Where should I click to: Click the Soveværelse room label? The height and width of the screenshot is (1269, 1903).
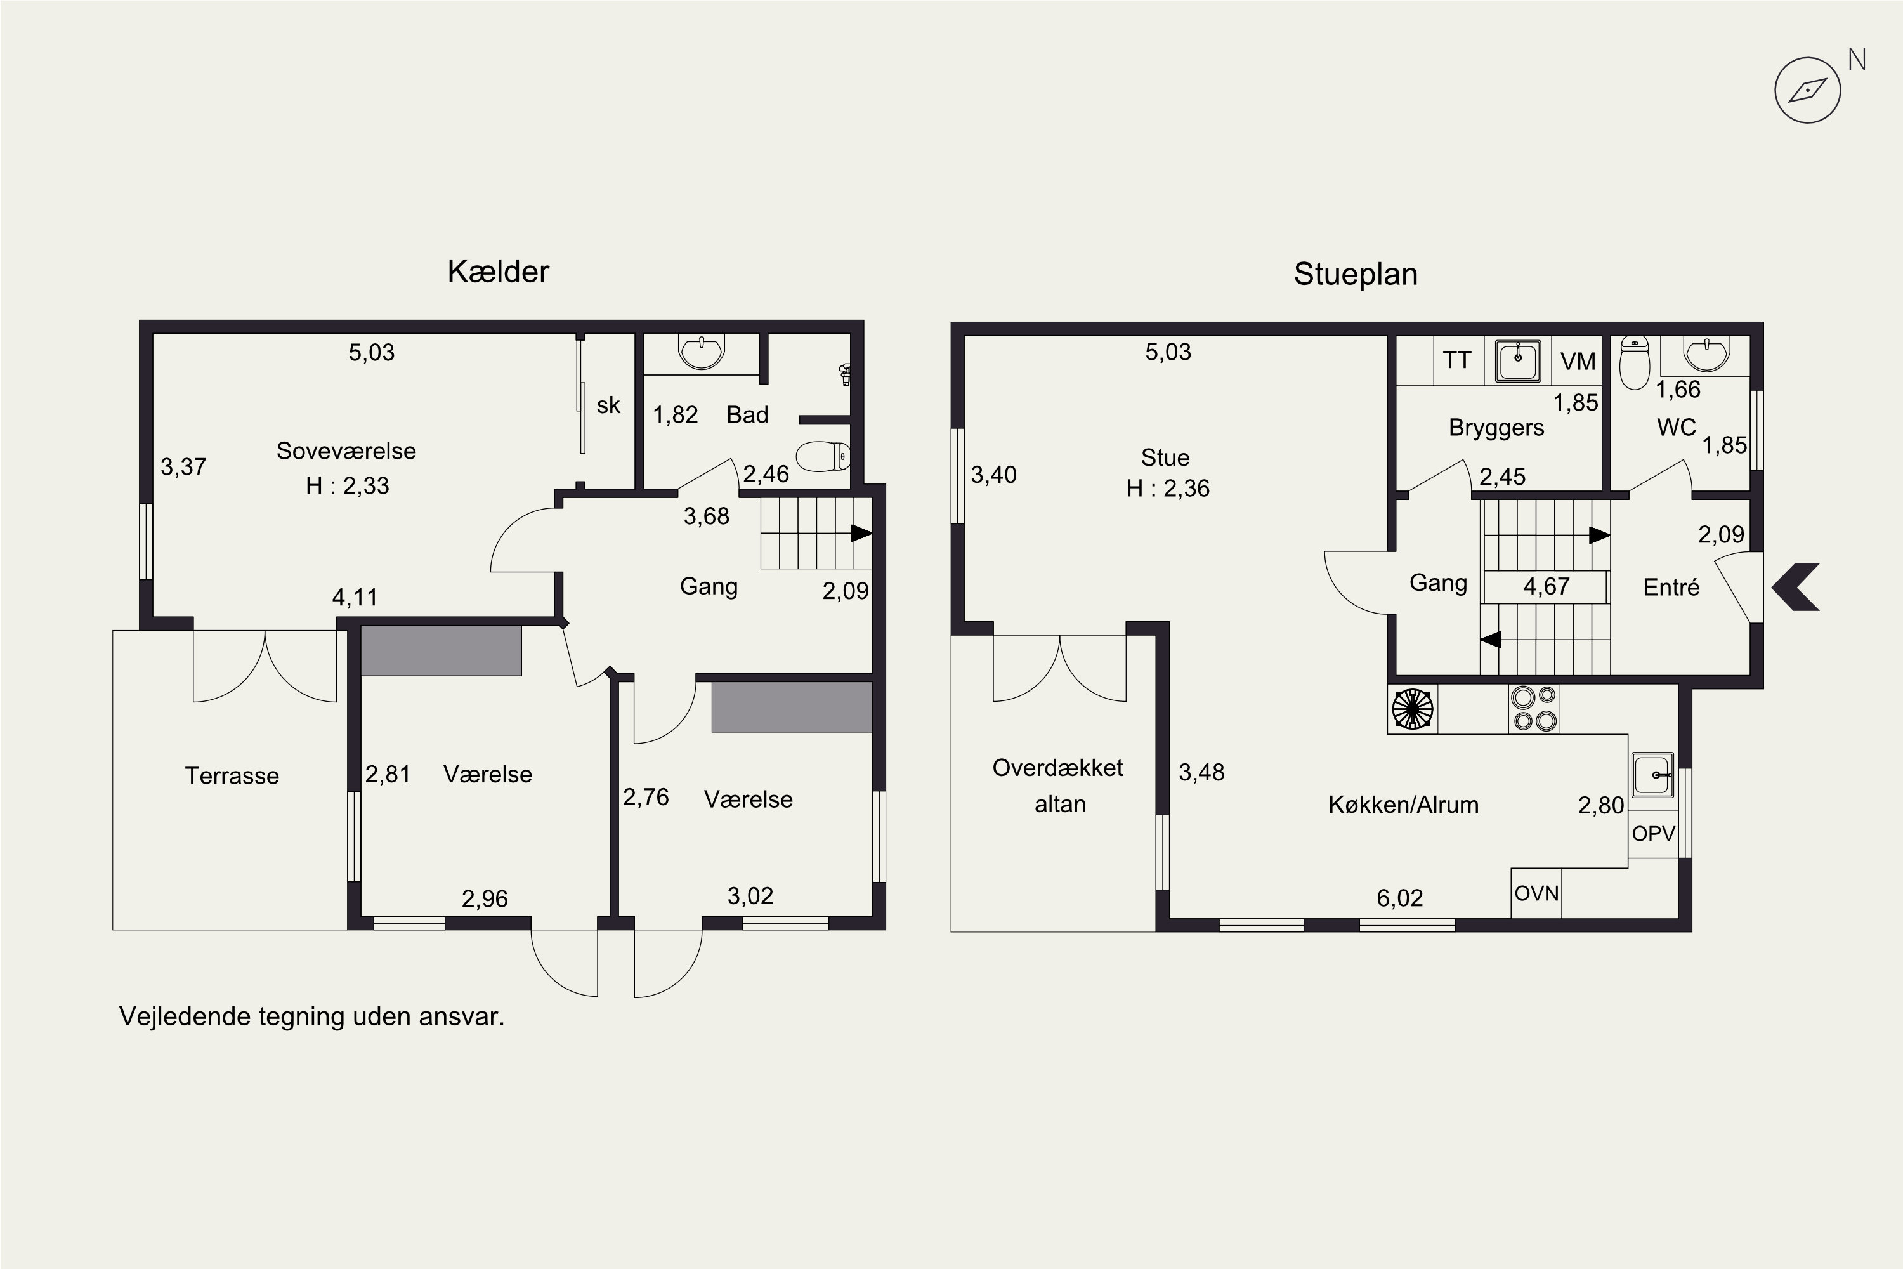(346, 450)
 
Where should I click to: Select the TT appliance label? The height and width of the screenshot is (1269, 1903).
(1456, 360)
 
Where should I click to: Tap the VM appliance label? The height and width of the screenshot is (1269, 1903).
(1578, 361)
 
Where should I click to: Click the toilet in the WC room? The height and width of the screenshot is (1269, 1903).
(1635, 364)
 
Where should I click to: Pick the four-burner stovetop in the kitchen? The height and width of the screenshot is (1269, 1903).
(1533, 709)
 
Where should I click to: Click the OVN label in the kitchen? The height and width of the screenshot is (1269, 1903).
(1536, 893)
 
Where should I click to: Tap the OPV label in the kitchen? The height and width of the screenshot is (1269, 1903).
(1653, 834)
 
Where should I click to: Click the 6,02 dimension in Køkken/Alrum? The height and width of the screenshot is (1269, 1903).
(1400, 898)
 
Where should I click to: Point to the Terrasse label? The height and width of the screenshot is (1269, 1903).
(232, 775)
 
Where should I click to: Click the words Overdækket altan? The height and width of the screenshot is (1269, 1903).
(1058, 785)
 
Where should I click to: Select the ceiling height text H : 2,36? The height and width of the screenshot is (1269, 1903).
(1168, 488)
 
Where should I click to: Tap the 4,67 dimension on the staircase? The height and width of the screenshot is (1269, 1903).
(1547, 586)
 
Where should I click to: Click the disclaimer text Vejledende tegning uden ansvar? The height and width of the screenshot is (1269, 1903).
(311, 1016)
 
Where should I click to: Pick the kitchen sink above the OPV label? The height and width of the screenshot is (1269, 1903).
(1653, 775)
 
